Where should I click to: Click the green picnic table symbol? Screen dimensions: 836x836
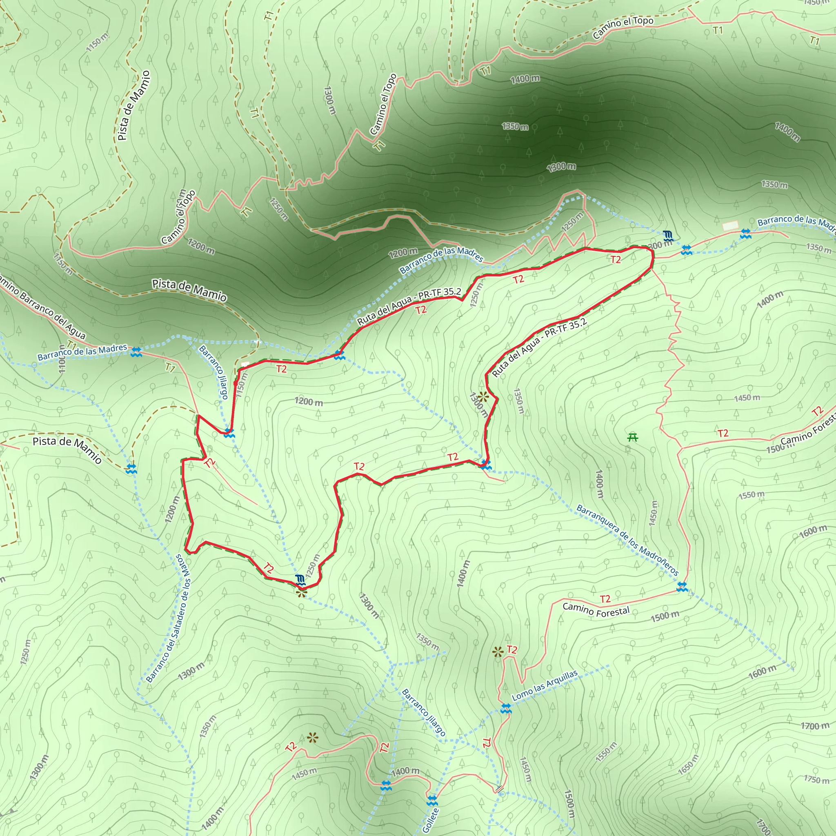[x=633, y=438]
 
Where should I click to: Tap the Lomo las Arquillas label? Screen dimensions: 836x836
[x=545, y=685]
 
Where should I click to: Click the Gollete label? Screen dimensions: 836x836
[x=431, y=820]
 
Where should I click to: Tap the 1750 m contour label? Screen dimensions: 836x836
[x=816, y=780]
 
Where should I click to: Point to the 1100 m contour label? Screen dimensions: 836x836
[x=62, y=359]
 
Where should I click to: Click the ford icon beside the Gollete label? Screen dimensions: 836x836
[x=432, y=800]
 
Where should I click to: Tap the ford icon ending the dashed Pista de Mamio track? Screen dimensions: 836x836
[x=131, y=469]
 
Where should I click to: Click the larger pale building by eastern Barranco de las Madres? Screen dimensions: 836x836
[x=730, y=225]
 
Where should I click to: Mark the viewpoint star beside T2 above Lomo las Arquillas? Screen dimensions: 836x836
[x=498, y=651]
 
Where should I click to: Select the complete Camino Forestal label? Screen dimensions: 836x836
[x=596, y=611]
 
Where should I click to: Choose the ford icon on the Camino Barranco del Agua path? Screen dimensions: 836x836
[x=136, y=352]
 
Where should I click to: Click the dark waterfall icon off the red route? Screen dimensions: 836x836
[x=669, y=236]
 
